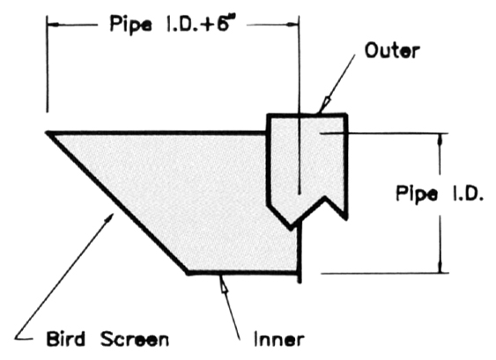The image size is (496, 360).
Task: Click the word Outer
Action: click(x=392, y=50)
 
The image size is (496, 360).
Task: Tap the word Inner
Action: click(x=279, y=340)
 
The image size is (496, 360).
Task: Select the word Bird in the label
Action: click(x=66, y=339)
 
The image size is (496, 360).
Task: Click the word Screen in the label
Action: click(x=135, y=339)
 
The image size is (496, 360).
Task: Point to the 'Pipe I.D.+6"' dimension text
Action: click(x=174, y=24)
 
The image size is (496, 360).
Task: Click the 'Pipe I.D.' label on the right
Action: click(x=440, y=193)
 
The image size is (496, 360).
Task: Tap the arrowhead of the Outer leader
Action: click(x=325, y=104)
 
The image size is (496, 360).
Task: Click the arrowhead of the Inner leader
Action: click(x=224, y=283)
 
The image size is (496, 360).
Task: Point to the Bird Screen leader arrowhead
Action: click(x=109, y=218)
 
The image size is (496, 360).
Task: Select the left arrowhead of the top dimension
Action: click(x=54, y=25)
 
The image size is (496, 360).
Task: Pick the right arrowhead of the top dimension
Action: click(x=292, y=25)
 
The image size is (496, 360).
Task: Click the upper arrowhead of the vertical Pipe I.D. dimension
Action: click(x=440, y=139)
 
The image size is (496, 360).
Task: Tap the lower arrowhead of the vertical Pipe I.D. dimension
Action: click(x=440, y=266)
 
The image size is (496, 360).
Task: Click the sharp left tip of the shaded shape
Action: click(x=48, y=133)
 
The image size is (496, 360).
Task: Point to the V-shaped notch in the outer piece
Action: click(x=325, y=198)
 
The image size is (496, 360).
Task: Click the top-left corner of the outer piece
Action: click(x=269, y=115)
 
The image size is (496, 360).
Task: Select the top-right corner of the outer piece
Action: click(x=346, y=114)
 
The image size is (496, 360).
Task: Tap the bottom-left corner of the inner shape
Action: click(x=188, y=272)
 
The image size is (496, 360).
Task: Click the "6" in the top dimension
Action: click(x=223, y=23)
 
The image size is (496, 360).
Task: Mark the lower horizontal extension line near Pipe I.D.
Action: click(x=385, y=273)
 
